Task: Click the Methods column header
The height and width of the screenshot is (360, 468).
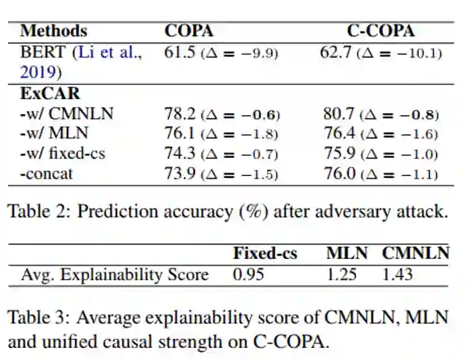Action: pos(53,31)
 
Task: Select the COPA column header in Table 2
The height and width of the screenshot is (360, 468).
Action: pos(189,31)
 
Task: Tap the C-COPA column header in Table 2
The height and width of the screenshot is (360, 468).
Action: pos(381,31)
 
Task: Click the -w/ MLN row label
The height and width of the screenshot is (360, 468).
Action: pos(54,133)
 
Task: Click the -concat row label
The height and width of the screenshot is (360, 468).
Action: pos(47,174)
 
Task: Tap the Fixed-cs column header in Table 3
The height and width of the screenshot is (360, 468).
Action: pos(265,253)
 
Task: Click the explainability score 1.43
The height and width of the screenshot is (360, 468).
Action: pos(397,274)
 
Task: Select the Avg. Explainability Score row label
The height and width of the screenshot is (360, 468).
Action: pos(115,274)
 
